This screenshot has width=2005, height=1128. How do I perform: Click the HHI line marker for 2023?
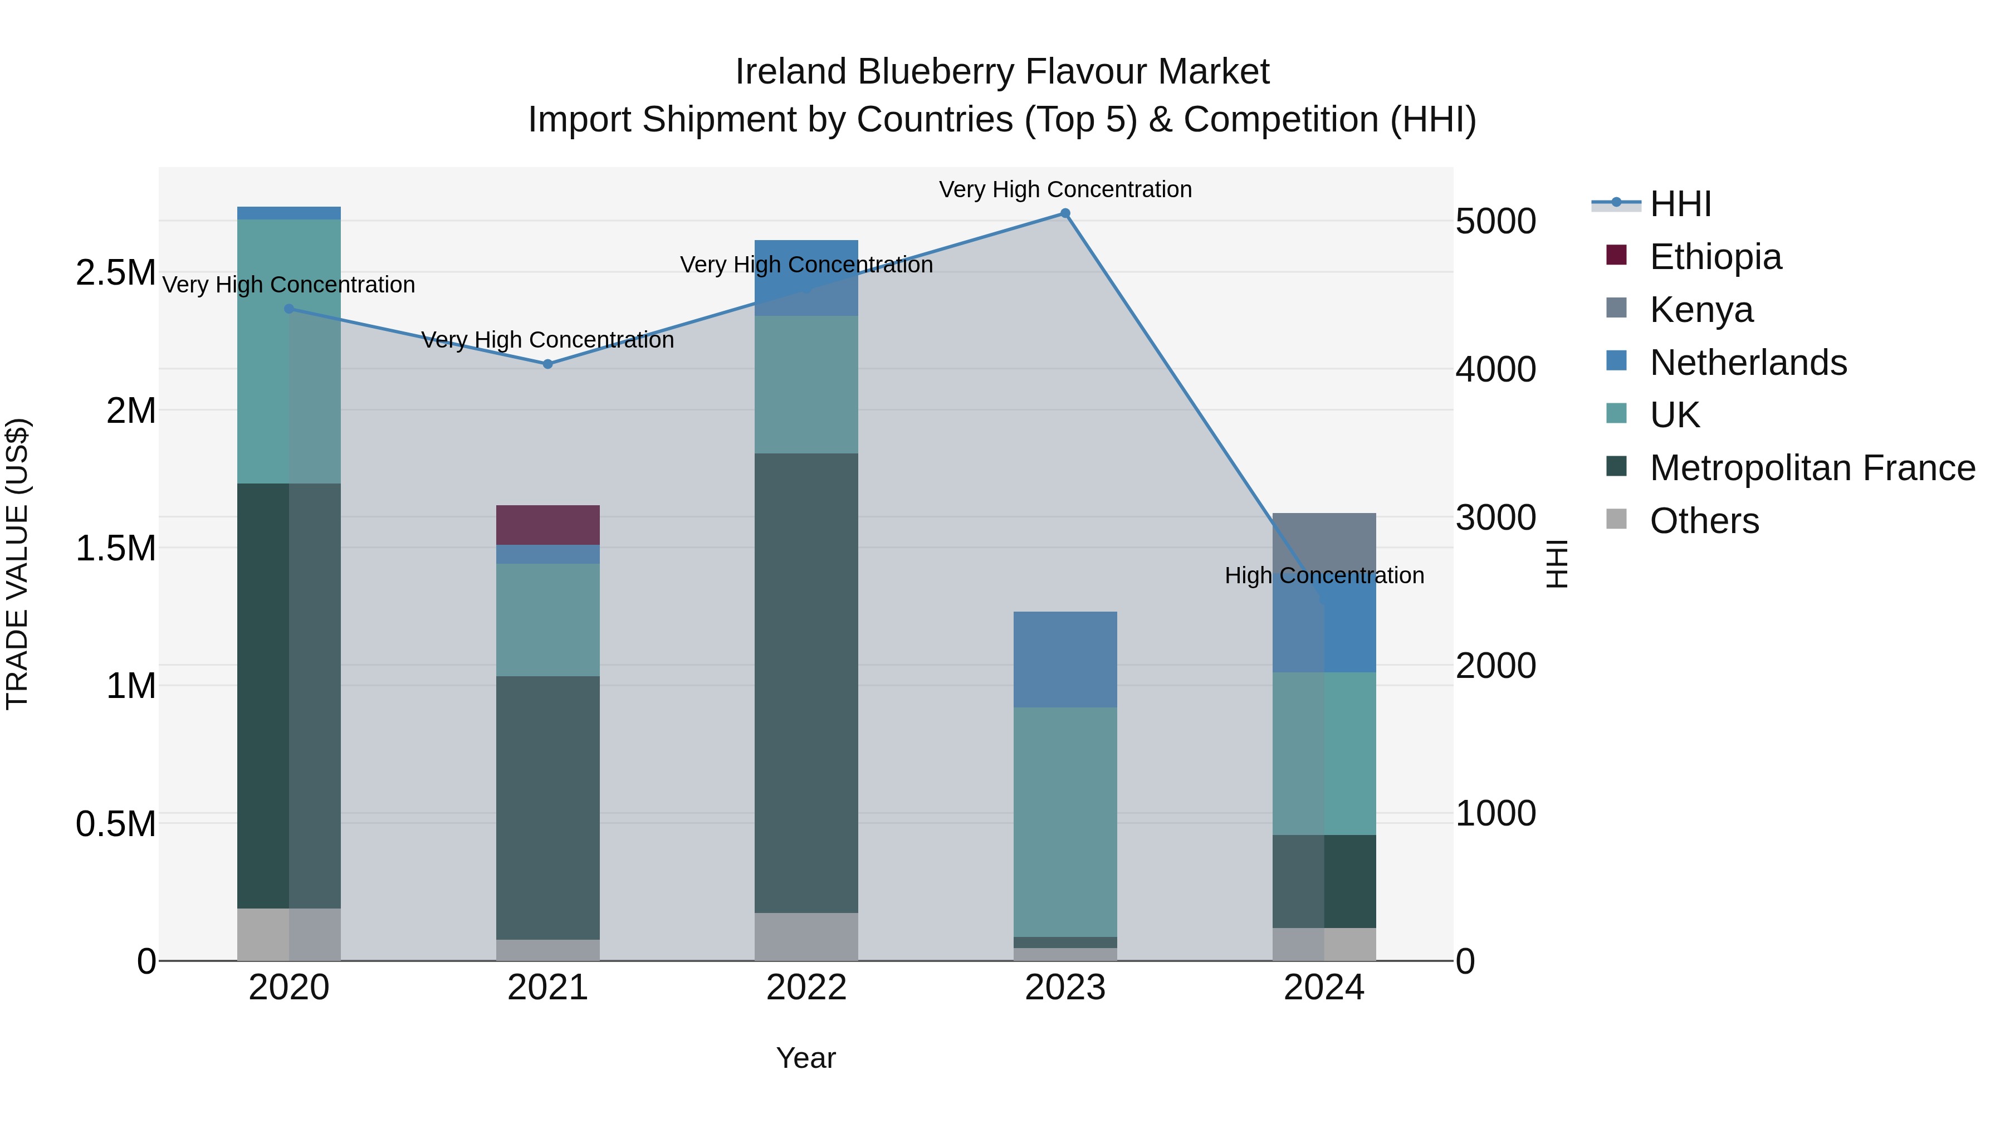pos(1065,213)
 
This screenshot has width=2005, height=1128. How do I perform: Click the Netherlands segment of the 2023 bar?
pos(1065,660)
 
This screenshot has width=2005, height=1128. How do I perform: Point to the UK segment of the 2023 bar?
pos(1065,821)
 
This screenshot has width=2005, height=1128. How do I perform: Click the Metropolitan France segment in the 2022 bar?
pos(806,683)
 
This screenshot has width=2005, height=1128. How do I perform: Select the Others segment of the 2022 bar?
pos(806,936)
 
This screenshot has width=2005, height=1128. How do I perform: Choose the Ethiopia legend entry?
pos(1715,256)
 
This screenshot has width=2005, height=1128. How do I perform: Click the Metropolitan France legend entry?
pos(1811,468)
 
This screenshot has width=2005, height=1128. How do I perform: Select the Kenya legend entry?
pos(1701,309)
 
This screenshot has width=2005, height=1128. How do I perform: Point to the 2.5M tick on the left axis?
pos(115,272)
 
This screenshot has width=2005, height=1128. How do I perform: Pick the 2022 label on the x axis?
pos(806,988)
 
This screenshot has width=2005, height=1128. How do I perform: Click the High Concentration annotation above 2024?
pos(1324,575)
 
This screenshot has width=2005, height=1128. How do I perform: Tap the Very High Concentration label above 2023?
pos(1065,189)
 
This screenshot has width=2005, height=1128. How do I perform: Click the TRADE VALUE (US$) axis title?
pos(17,564)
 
